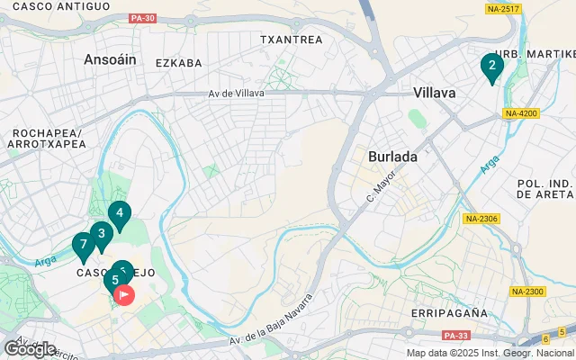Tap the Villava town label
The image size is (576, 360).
[x=435, y=93]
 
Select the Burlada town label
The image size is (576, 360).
[x=393, y=156]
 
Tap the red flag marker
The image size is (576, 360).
[x=124, y=293]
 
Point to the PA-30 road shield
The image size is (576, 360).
[x=142, y=18]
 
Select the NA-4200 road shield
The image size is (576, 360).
[x=521, y=113]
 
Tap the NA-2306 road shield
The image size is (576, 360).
[x=481, y=219]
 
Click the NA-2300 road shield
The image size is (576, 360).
[x=526, y=291]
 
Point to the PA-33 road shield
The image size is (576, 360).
[x=456, y=336]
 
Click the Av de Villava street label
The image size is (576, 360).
[x=238, y=94]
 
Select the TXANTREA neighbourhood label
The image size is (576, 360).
[x=291, y=40]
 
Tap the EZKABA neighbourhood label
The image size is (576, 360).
[x=177, y=63]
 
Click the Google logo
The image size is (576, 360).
[x=30, y=349]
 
